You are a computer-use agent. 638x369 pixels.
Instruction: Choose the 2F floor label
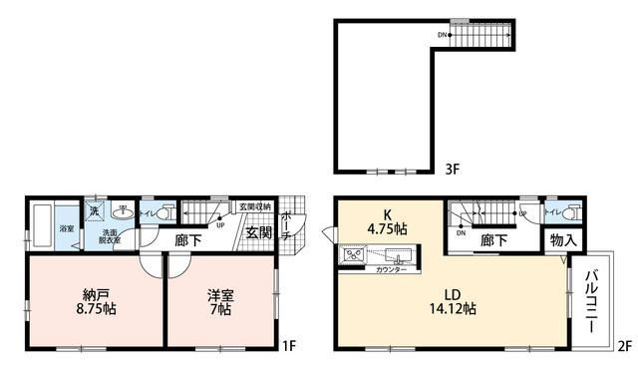click(624, 346)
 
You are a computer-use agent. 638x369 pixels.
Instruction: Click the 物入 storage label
click(558, 239)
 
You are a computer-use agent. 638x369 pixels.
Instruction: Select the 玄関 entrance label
click(259, 234)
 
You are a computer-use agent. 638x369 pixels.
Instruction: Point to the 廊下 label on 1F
click(190, 239)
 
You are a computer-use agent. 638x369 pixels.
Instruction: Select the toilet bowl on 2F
click(570, 212)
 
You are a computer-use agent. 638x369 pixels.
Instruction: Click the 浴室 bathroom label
click(66, 228)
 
